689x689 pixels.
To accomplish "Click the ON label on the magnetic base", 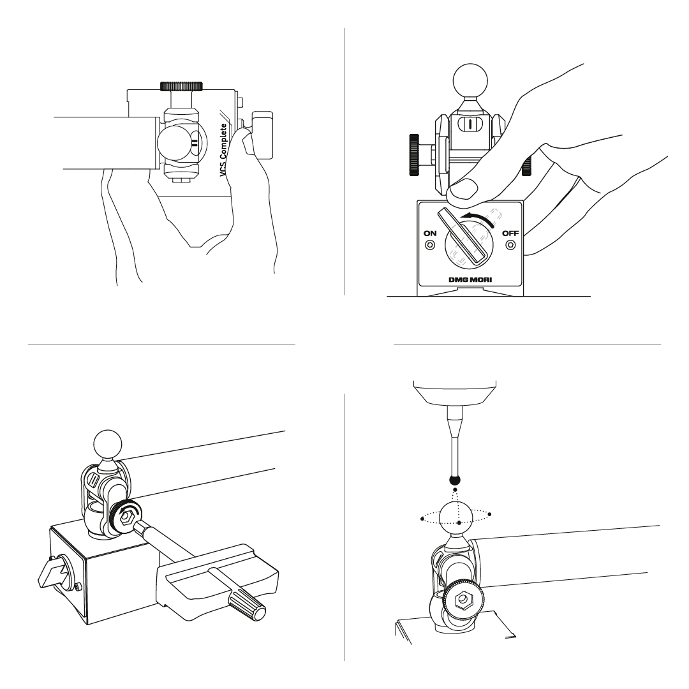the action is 430,233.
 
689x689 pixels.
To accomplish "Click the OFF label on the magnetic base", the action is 510,233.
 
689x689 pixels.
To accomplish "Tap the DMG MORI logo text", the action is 470,280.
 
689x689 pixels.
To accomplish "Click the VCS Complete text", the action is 223,151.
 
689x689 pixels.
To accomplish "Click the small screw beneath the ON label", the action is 430,245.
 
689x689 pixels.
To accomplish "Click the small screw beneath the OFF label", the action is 510,245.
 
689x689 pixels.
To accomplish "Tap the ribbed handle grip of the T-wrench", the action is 246,605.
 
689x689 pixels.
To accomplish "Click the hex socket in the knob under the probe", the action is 462,598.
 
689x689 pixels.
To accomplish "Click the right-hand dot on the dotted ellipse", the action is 489,514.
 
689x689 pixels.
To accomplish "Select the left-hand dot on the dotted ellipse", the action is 422,519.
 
